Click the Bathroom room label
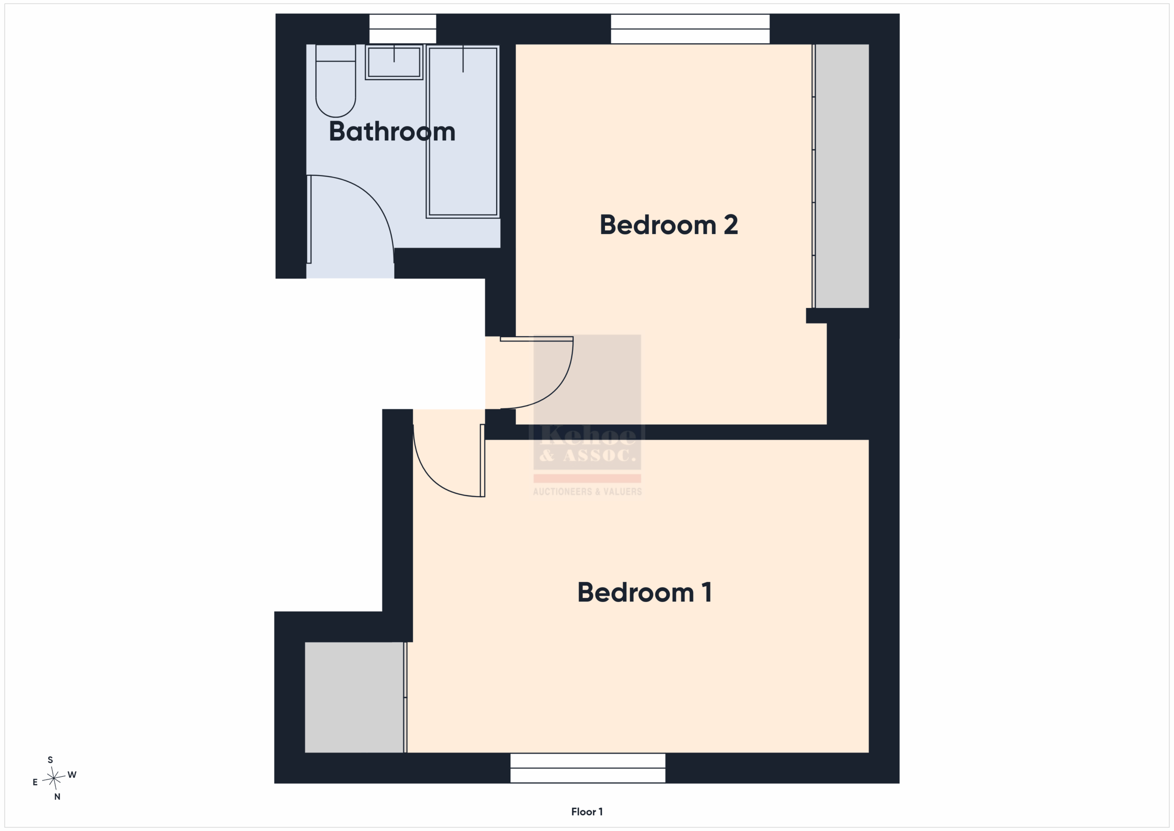[x=392, y=132]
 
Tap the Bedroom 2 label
[x=669, y=225]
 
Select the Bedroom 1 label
[x=644, y=592]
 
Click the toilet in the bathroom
[x=335, y=81]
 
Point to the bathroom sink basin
[x=394, y=62]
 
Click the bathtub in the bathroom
[x=463, y=132]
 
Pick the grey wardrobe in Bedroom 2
[x=842, y=176]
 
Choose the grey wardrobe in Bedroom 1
[x=355, y=697]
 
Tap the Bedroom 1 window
[x=588, y=768]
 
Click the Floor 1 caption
[x=587, y=812]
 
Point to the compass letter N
[x=57, y=797]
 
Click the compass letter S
[x=50, y=760]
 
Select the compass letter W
[x=72, y=775]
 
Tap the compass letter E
[x=35, y=782]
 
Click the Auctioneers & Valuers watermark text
[x=587, y=492]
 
